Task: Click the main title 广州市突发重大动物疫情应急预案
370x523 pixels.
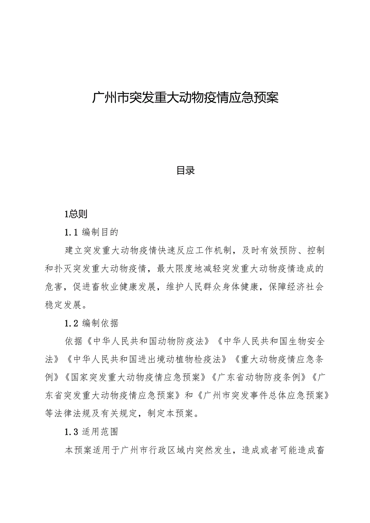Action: [185, 98]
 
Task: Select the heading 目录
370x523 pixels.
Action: [185, 170]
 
